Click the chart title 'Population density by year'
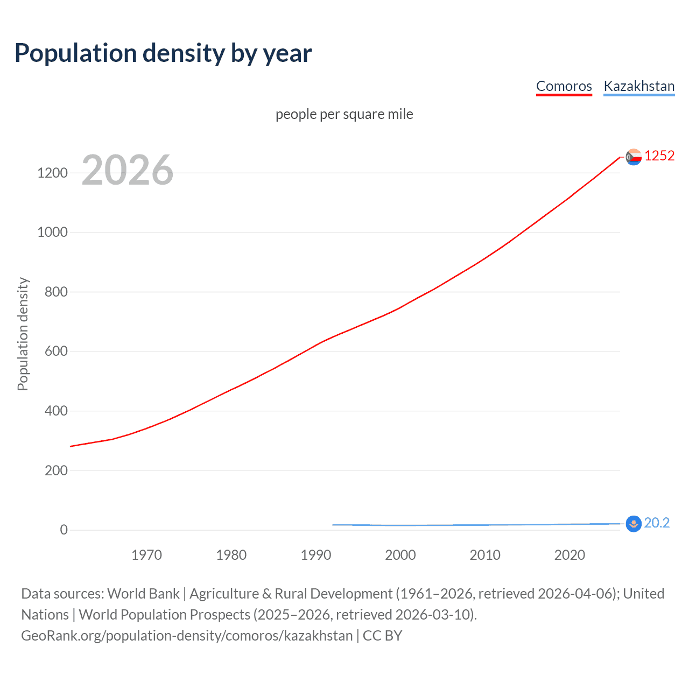point(163,53)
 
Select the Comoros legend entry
point(564,86)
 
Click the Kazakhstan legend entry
point(639,86)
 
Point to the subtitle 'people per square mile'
point(344,114)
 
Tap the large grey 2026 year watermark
point(128,170)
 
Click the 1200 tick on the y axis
point(52,173)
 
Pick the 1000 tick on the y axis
point(52,232)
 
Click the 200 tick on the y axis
point(56,470)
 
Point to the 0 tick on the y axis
point(64,530)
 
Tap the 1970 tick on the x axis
point(146,555)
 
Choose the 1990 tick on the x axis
point(316,555)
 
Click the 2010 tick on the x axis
point(485,555)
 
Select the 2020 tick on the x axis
point(570,555)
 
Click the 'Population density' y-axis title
point(23,334)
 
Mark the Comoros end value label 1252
point(659,156)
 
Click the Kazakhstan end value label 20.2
point(657,523)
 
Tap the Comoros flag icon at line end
point(634,157)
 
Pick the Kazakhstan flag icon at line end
point(634,523)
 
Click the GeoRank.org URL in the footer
point(187,636)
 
